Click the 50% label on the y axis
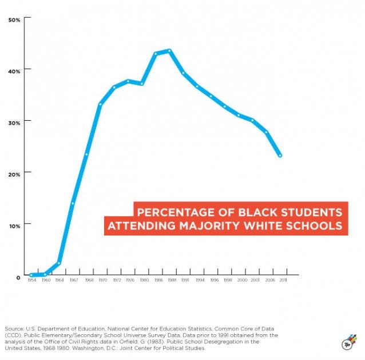(14, 19)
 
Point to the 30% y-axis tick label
(14, 122)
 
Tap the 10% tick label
(14, 225)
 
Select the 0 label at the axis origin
(18, 276)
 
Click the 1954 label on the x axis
(31, 281)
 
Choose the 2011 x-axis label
(283, 281)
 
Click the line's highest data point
(169, 51)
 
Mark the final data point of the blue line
(280, 155)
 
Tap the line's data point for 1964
(59, 263)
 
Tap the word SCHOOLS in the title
(315, 226)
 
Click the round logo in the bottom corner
(347, 343)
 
